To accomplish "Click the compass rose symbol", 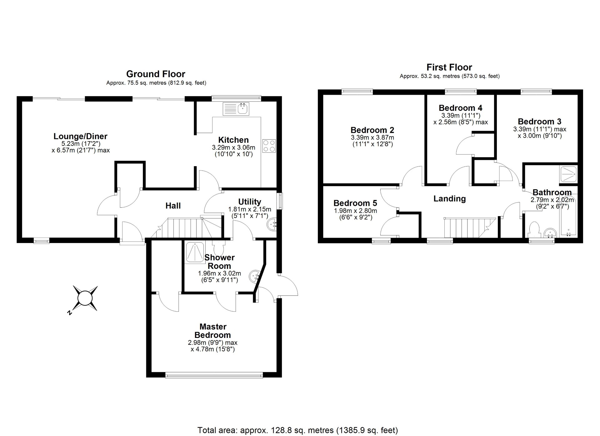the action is coord(85,298).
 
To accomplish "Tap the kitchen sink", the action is coord(236,109).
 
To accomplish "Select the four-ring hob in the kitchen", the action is coord(269,146).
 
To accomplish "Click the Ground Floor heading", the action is coord(156,74).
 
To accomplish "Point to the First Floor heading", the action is coord(449,67).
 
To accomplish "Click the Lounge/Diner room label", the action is coord(80,136).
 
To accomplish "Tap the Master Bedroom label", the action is coord(213,331).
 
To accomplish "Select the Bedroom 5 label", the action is coord(355,203).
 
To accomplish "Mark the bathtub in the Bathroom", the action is coord(569,219).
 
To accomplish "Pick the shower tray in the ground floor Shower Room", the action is coord(194,252).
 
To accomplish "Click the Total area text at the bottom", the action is coord(297,430).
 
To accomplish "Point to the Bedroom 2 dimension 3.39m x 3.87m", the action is coord(372,137).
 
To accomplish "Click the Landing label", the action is coord(449,199).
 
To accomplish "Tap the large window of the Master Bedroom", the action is coord(214,375).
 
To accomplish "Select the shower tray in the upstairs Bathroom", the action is coord(568,174).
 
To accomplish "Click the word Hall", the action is coord(173,206).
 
